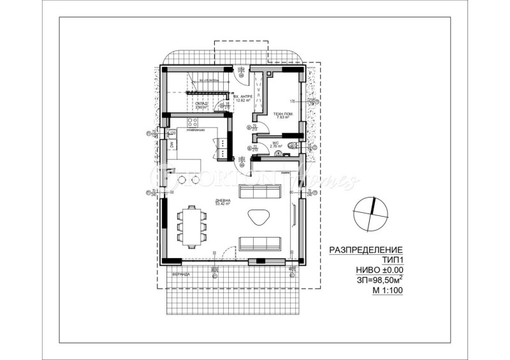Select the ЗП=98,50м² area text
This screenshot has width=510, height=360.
(x=371, y=280)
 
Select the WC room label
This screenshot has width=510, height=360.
(x=275, y=143)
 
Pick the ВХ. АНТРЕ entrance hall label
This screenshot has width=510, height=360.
(x=244, y=97)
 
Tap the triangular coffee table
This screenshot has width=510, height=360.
(x=258, y=217)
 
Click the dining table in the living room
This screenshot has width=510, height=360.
(x=193, y=224)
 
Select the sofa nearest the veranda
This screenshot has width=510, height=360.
(x=260, y=243)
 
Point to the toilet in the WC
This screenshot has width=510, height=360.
(x=293, y=147)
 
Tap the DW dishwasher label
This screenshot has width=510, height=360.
(x=171, y=144)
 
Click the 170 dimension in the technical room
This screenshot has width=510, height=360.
(x=293, y=102)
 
